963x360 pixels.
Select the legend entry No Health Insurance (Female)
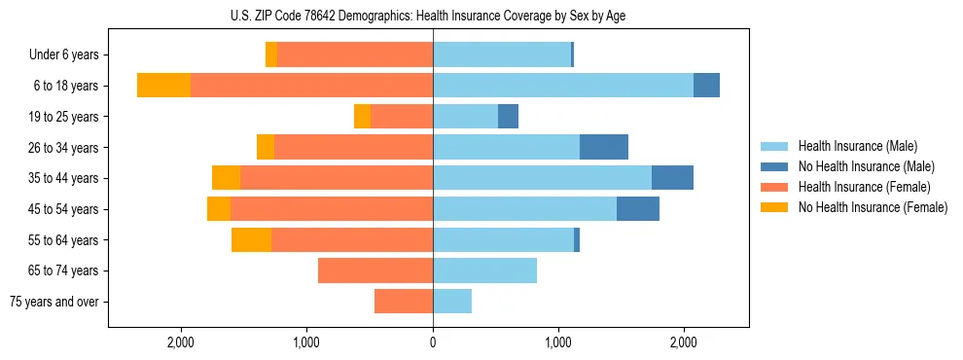click(873, 207)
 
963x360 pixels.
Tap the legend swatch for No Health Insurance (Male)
click(776, 166)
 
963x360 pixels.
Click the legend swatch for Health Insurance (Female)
click(776, 187)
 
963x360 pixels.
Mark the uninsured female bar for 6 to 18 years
click(163, 86)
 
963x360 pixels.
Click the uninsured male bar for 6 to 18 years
click(706, 86)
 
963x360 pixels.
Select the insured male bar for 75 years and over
click(452, 302)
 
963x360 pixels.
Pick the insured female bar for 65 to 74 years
click(375, 270)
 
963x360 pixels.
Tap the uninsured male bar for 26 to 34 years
click(604, 147)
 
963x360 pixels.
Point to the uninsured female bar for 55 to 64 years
click(251, 239)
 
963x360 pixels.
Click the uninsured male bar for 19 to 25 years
click(508, 117)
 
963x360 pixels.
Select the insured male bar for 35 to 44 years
click(542, 178)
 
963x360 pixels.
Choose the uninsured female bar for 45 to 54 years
click(219, 209)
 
